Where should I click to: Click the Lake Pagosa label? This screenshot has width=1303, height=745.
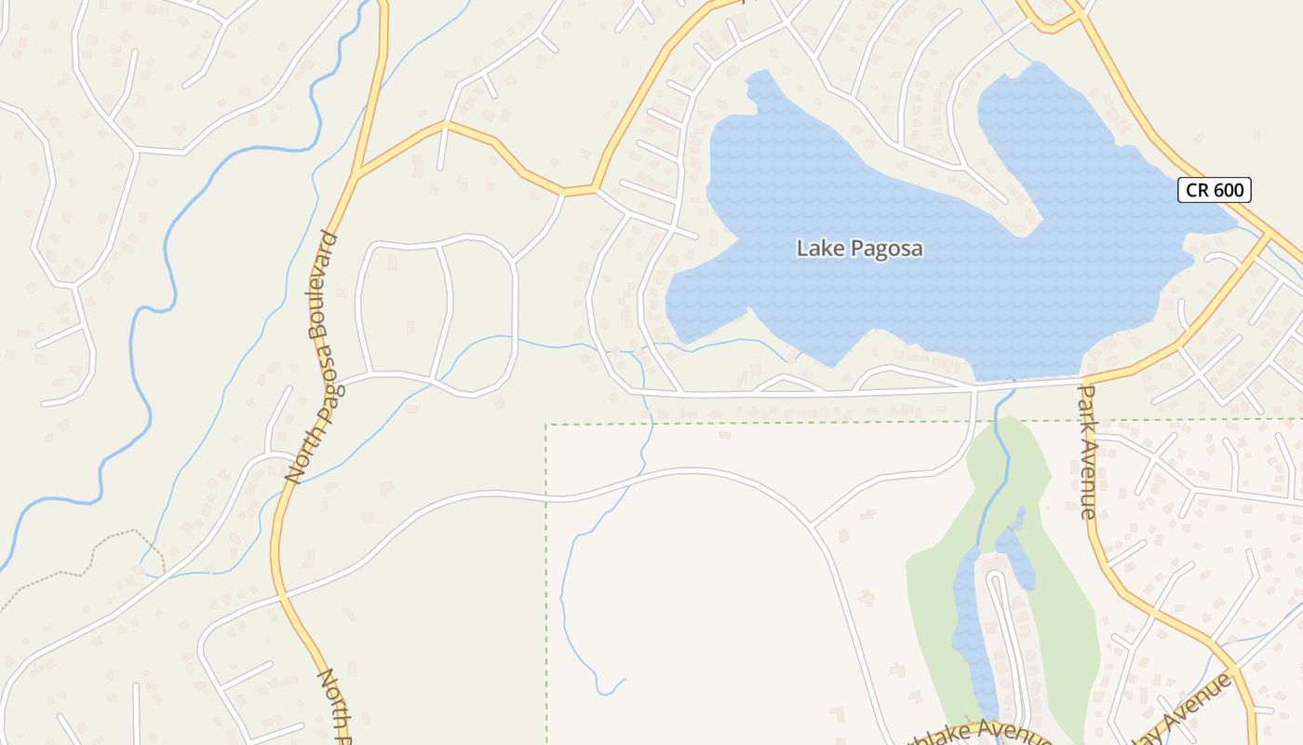[x=860, y=249]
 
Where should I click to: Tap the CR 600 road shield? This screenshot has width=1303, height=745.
[x=1215, y=190]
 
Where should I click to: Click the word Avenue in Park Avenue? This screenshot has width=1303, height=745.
[x=1088, y=480]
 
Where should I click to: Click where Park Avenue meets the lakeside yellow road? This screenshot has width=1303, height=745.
[x=1085, y=381]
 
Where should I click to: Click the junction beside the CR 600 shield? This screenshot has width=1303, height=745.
[x=1268, y=237]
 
